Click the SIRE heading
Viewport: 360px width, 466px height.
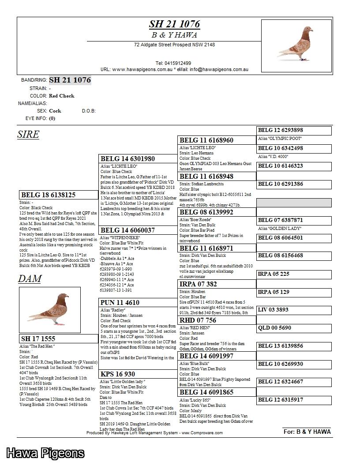[28, 135]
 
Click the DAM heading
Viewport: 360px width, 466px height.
[30, 279]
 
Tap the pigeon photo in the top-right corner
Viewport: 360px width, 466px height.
[296, 45]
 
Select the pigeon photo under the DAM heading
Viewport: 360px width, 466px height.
[50, 310]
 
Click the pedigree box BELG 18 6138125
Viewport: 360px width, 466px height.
[58, 195]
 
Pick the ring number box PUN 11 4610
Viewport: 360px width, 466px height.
[138, 303]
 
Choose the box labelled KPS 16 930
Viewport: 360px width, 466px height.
[138, 374]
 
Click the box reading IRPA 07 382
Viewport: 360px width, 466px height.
[217, 284]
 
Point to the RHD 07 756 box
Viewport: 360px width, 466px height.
[217, 320]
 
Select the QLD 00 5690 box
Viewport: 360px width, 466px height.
[294, 328]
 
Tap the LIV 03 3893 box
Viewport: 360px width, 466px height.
[294, 310]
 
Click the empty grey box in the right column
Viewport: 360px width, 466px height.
[294, 203]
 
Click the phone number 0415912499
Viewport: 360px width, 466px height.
[173, 64]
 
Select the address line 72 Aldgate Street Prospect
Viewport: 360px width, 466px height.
[174, 45]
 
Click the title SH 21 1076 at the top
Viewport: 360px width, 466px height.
[174, 24]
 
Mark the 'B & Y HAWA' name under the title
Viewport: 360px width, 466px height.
[174, 35]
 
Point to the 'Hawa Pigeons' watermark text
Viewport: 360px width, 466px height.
[45, 453]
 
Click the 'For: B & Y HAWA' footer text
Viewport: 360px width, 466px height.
[307, 432]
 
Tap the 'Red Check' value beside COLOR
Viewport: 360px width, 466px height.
[62, 96]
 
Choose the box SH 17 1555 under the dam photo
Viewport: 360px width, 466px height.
[58, 339]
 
